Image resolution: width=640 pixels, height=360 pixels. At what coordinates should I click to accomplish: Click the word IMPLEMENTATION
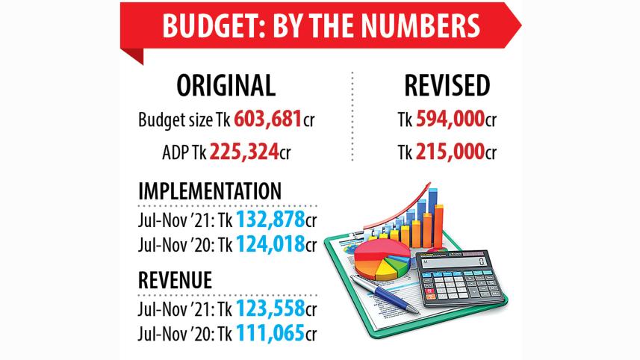click(x=211, y=191)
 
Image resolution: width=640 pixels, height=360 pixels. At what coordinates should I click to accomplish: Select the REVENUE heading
click(x=175, y=280)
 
